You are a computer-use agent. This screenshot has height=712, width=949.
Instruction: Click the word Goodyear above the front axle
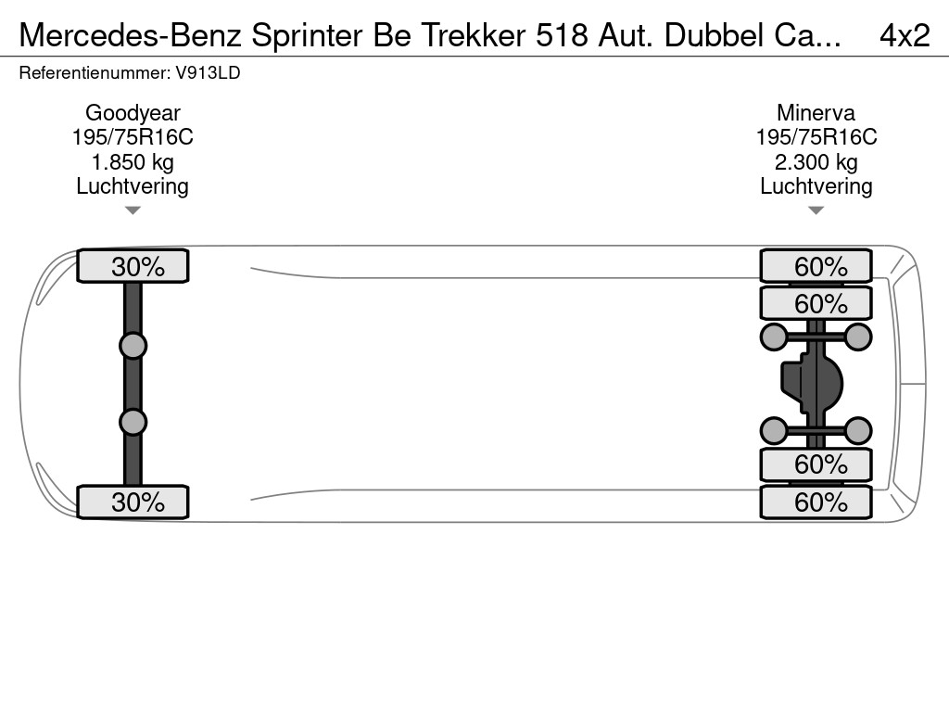(x=133, y=113)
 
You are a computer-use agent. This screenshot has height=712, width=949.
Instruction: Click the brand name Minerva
(x=816, y=113)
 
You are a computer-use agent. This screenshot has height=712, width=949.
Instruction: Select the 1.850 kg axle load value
(x=133, y=162)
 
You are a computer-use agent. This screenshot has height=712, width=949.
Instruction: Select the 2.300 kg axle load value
(x=816, y=162)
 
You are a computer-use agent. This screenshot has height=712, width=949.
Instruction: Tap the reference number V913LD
(x=208, y=73)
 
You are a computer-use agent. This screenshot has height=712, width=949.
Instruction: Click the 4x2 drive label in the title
(x=905, y=36)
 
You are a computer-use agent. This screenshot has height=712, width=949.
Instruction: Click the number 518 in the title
(x=562, y=36)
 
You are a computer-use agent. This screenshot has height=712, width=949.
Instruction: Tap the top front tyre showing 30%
(x=133, y=266)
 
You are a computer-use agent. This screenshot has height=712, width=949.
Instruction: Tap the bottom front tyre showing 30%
(x=133, y=502)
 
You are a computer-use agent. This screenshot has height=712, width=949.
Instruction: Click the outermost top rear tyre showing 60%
(x=816, y=266)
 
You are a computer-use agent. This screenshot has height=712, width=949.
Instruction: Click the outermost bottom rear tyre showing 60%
(x=816, y=502)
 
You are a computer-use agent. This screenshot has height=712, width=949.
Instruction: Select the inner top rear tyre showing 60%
(x=816, y=303)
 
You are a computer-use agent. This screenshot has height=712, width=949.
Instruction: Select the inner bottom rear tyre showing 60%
(x=816, y=464)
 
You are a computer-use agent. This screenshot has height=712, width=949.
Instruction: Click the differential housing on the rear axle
(x=812, y=385)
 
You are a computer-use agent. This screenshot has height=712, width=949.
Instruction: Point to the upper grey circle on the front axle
(x=133, y=347)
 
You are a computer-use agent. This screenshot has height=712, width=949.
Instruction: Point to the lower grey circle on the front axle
(x=133, y=422)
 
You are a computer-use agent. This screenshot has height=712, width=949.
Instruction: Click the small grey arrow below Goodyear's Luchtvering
(x=133, y=210)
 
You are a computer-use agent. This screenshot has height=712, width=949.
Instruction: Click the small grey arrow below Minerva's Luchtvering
(x=816, y=210)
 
